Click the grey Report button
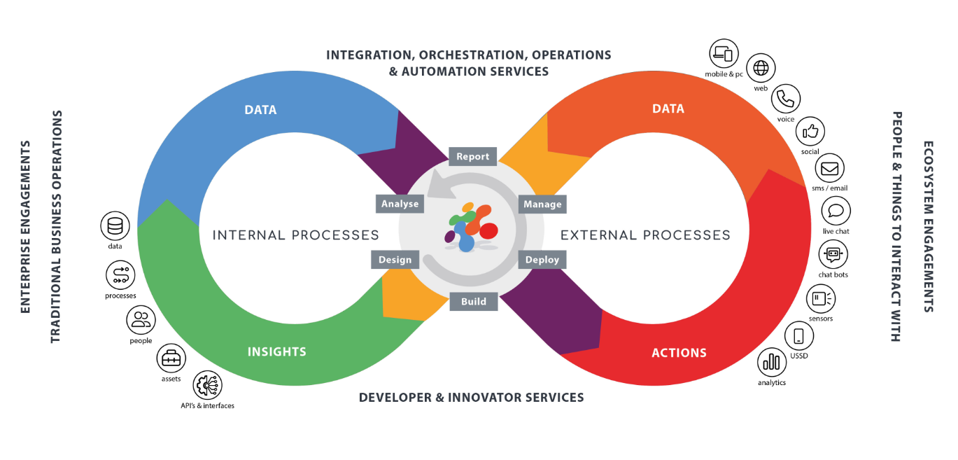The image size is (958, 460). [473, 156]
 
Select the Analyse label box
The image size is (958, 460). [400, 204]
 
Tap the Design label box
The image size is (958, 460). [395, 259]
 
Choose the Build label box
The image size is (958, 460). [473, 302]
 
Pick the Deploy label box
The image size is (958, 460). [542, 259]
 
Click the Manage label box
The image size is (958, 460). [542, 204]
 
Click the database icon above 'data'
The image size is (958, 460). [115, 226]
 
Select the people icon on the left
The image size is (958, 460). [141, 320]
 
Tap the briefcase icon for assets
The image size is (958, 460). [171, 358]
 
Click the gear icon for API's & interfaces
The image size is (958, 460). [207, 384]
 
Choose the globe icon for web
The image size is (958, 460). [761, 68]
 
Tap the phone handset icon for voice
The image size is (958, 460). [786, 99]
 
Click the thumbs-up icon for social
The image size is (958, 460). [810, 132]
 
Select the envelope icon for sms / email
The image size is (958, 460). [830, 168]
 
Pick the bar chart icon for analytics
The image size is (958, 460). [772, 362]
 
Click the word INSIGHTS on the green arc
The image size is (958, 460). [276, 351]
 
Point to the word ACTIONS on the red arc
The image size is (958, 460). [679, 353]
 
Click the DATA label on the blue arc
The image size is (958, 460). [260, 110]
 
